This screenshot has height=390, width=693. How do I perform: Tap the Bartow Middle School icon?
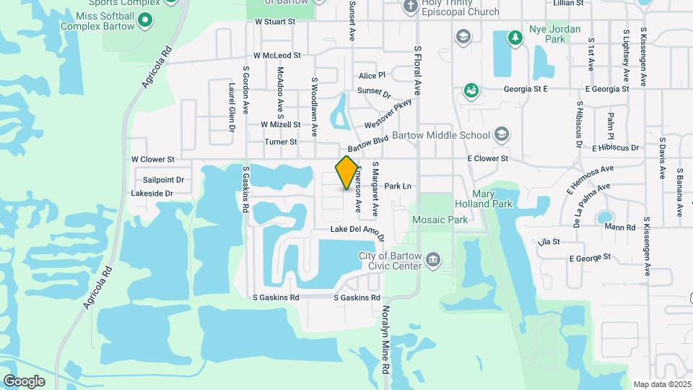click(502, 135)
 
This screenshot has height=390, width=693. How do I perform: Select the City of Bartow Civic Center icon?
click(433, 260)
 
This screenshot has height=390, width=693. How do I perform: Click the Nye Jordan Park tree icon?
click(515, 37)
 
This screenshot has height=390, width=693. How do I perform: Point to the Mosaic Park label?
click(440, 219)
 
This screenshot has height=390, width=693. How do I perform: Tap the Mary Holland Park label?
click(482, 199)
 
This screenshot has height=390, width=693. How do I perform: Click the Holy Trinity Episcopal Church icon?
click(411, 6)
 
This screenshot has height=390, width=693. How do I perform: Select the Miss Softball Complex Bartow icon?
click(145, 21)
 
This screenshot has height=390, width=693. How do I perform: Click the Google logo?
click(24, 381)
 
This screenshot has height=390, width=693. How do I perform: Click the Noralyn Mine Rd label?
click(386, 343)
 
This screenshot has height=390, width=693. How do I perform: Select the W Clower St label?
click(153, 159)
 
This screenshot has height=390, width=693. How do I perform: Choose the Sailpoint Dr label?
click(163, 180)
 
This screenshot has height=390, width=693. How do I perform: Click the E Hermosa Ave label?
click(589, 178)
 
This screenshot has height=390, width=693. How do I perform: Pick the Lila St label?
click(549, 242)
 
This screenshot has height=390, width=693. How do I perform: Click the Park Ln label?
click(398, 186)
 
